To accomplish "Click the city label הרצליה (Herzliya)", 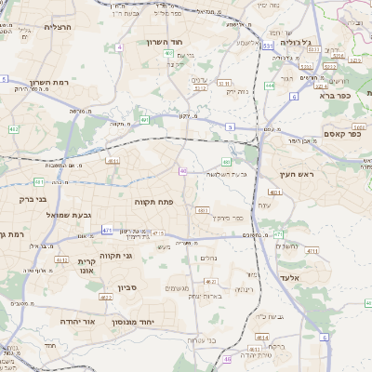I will pos(37,27).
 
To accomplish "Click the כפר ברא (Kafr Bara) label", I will pos(335,95).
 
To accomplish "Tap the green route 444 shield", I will pos(270,86).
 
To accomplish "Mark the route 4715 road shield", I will pos(157,233).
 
